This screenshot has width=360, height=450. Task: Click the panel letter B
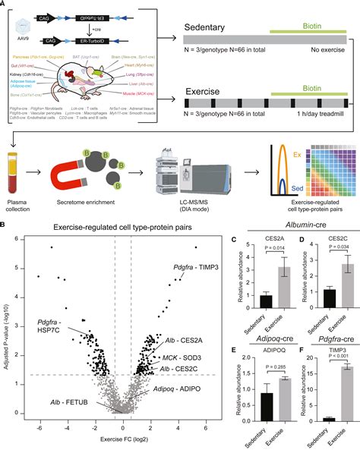(6, 225)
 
